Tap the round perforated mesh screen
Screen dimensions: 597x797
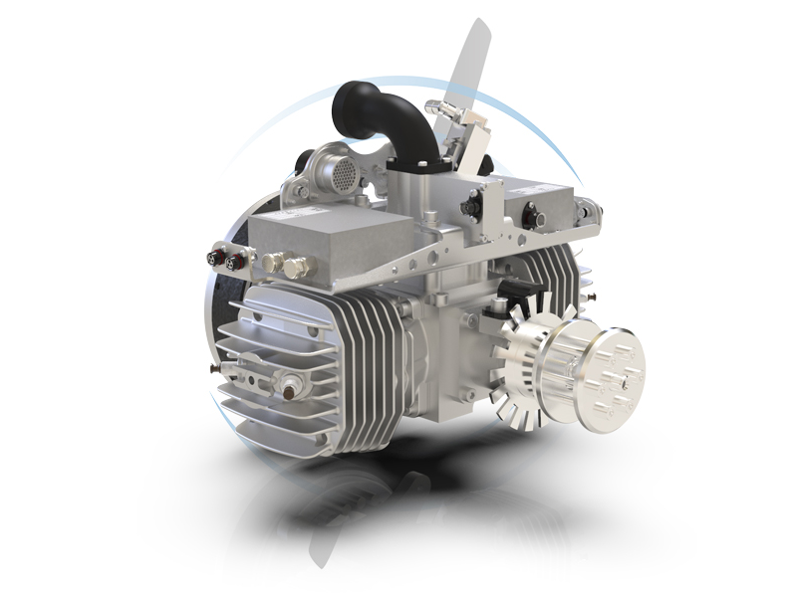point(340,173)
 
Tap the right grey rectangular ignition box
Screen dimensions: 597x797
point(543,199)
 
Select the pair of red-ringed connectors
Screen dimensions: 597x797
point(224,259)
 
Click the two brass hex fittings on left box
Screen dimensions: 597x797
point(283,265)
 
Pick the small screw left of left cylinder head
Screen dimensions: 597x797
point(212,367)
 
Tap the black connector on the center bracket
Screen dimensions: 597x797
point(465,208)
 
